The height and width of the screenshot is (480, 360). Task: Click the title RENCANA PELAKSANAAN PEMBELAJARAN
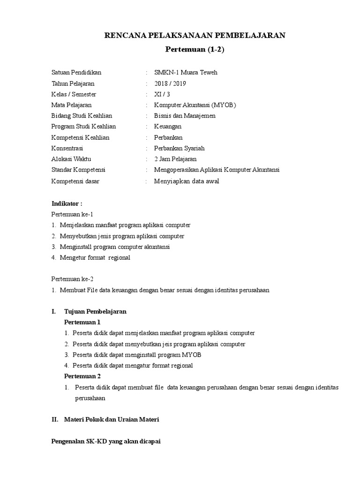(195, 35)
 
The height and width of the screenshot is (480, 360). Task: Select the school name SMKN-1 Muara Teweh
(186, 73)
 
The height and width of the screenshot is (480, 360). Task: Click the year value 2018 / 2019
(170, 83)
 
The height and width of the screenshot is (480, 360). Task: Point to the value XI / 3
(162, 94)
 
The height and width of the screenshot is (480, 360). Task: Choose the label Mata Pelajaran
(71, 105)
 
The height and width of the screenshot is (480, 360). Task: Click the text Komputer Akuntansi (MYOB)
(195, 105)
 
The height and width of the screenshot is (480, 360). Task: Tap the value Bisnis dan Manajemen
(185, 116)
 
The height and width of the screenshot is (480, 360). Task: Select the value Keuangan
(167, 127)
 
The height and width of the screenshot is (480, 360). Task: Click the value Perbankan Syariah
(179, 148)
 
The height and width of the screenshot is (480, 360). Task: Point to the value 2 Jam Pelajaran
(175, 159)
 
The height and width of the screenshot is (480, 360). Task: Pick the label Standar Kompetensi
(78, 170)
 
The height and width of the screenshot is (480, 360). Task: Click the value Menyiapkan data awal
(186, 181)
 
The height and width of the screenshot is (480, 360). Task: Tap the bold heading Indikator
(66, 203)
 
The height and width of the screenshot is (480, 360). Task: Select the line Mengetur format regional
(95, 257)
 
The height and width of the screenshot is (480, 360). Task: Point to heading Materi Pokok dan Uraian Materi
(112, 420)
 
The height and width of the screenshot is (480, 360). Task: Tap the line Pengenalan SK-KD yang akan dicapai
(106, 442)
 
